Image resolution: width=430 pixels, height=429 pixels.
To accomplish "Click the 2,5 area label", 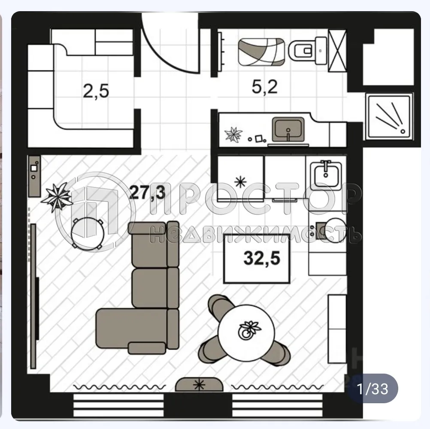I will [96, 91].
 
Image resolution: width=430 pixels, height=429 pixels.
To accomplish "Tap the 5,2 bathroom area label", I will [264, 87].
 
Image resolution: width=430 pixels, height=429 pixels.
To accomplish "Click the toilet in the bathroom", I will [306, 51].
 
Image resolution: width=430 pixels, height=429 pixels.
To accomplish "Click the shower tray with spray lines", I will [388, 116].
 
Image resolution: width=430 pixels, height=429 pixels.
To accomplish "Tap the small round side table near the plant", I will [88, 232].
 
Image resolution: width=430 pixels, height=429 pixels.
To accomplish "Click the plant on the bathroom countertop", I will [234, 135].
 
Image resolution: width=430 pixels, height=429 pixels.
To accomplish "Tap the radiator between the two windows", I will [199, 384].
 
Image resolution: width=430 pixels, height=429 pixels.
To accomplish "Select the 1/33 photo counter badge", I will [372, 389].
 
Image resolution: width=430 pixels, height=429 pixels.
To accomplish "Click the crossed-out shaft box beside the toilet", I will [337, 51].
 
